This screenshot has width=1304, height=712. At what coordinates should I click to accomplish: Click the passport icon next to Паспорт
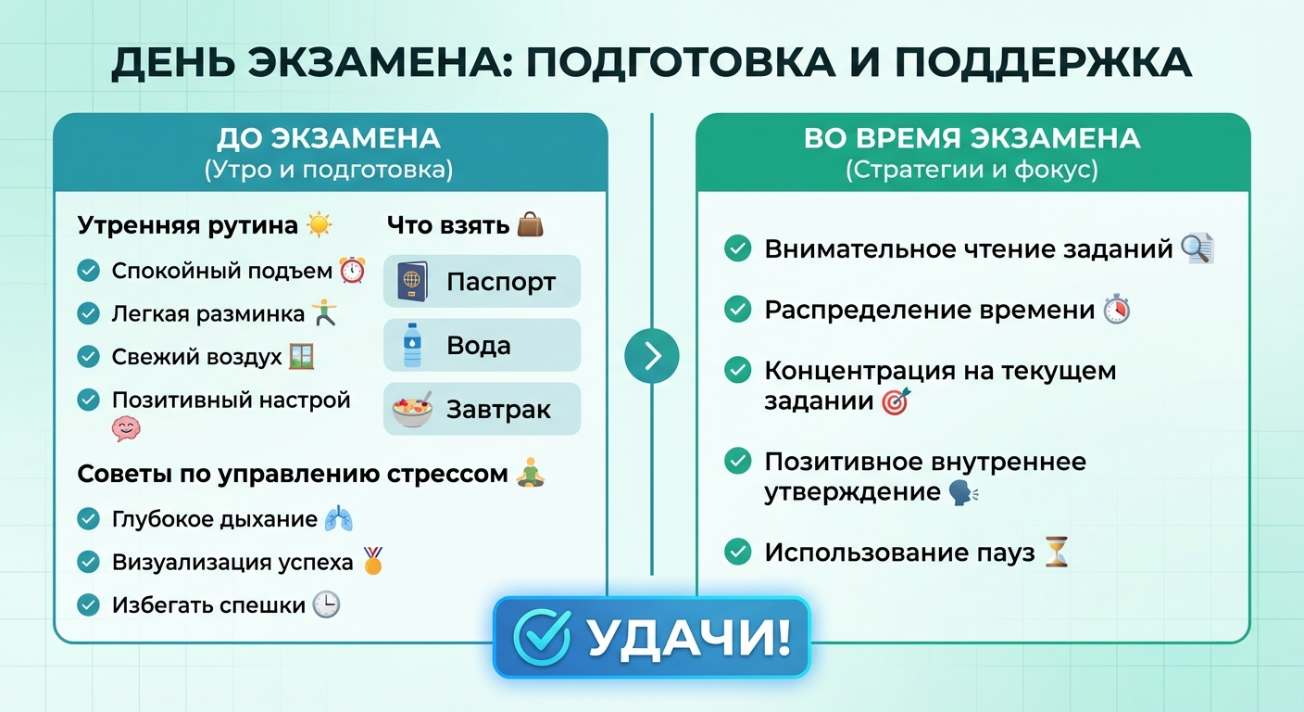412,282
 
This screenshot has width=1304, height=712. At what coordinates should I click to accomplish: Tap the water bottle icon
412,345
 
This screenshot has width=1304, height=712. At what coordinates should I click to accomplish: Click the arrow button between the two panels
652,356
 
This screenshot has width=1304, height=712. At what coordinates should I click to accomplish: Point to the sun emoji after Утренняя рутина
320,225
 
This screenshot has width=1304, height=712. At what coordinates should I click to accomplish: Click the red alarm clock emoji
353,271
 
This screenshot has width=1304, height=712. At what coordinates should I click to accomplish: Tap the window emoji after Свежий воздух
302,357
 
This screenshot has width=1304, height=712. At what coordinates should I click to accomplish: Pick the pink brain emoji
126,429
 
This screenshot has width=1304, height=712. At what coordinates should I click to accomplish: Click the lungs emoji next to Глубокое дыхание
339,518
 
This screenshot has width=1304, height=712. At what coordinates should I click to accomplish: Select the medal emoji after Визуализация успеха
373,561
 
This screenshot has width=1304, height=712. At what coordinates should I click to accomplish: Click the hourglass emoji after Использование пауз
1057,552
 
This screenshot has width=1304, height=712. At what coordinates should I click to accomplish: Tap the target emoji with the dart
896,401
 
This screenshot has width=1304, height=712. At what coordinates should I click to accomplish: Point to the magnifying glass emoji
1197,248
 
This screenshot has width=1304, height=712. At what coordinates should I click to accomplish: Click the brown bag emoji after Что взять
531,224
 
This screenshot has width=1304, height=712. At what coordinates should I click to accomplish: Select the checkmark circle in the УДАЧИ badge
542,638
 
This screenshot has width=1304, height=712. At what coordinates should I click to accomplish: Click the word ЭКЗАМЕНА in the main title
380,62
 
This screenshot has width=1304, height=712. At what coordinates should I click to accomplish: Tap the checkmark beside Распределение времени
737,310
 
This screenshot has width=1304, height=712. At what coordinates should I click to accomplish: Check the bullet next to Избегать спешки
89,604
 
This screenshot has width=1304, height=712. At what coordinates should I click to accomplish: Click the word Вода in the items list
479,346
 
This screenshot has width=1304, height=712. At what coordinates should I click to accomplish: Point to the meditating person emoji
531,473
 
